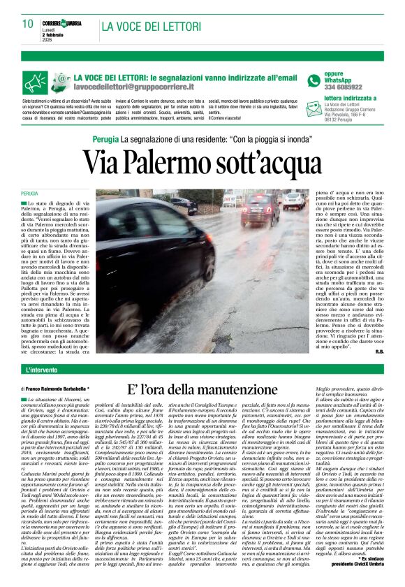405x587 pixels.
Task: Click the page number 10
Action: pos(28,24)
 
